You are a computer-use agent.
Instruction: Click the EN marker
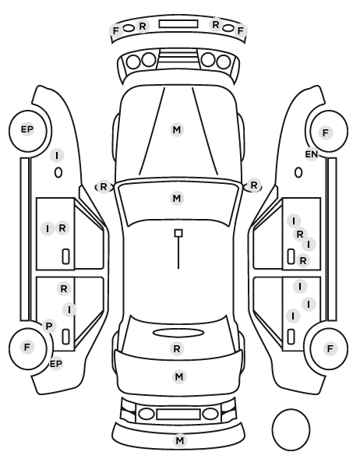pyautogui.click(x=311, y=154)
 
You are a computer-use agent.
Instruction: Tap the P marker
pyautogui.click(x=49, y=327)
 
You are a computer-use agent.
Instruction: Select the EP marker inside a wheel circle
pyautogui.click(x=27, y=129)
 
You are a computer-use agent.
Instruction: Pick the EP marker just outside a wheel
pyautogui.click(x=56, y=363)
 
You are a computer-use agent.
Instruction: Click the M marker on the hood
pyautogui.click(x=177, y=129)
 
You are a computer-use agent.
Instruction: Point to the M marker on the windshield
pyautogui.click(x=177, y=198)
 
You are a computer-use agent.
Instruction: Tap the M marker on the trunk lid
pyautogui.click(x=179, y=377)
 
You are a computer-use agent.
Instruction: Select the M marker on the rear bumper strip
pyautogui.click(x=179, y=440)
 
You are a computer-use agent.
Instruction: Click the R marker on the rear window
pyautogui.click(x=177, y=348)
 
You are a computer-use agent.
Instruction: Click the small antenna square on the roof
pyautogui.click(x=178, y=233)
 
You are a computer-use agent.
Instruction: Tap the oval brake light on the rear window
pyautogui.click(x=178, y=333)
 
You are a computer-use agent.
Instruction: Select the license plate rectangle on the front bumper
pyautogui.click(x=178, y=24)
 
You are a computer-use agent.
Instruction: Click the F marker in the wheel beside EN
pyautogui.click(x=326, y=132)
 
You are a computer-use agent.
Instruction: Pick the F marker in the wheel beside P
pyautogui.click(x=27, y=347)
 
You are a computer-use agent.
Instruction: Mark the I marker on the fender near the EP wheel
pyautogui.click(x=57, y=155)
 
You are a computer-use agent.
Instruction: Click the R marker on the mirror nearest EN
pyautogui.click(x=253, y=185)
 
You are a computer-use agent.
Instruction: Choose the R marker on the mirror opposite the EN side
pyautogui.click(x=103, y=187)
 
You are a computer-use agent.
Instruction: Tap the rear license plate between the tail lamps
pyautogui.click(x=178, y=415)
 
